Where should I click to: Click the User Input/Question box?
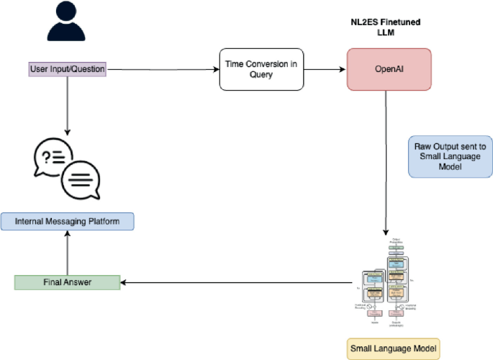point(67,70)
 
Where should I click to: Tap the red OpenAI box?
point(389,69)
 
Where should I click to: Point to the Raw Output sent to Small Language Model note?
point(450,156)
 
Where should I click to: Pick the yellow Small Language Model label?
point(393,349)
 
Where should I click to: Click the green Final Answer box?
point(67,282)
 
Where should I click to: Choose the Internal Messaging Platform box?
point(67,221)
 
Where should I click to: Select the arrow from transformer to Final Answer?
point(238,282)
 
